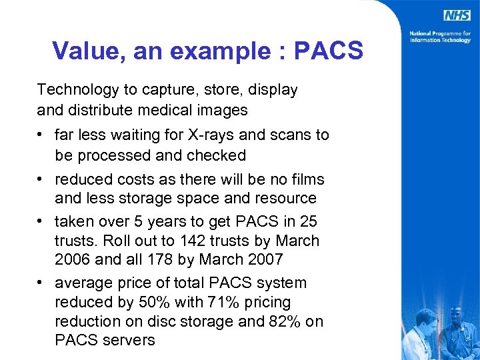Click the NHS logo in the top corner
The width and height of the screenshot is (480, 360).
(x=458, y=15)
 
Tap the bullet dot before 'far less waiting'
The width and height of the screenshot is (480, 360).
(x=41, y=135)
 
